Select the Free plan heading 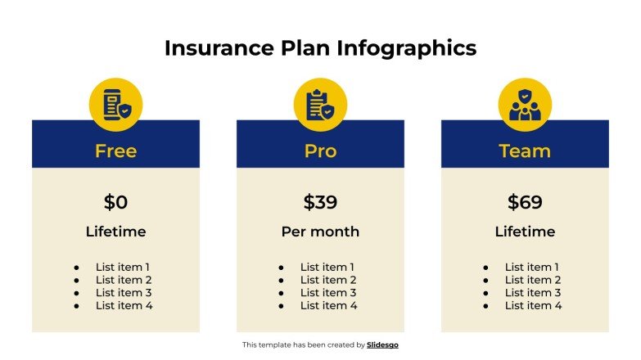pyautogui.click(x=115, y=151)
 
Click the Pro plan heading pyautogui.click(x=320, y=151)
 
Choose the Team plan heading pyautogui.click(x=525, y=151)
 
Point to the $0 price pyautogui.click(x=115, y=202)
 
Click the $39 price pyautogui.click(x=320, y=202)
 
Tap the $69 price pyautogui.click(x=525, y=202)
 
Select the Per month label pyautogui.click(x=320, y=232)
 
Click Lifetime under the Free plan pyautogui.click(x=115, y=232)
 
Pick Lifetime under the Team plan pyautogui.click(x=525, y=232)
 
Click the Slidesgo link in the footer pyautogui.click(x=382, y=345)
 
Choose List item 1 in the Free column pyautogui.click(x=124, y=267)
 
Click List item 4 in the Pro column pyautogui.click(x=328, y=305)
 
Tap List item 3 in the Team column pyautogui.click(x=533, y=293)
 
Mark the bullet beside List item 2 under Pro pyautogui.click(x=281, y=280)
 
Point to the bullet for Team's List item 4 pyautogui.click(x=485, y=305)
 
